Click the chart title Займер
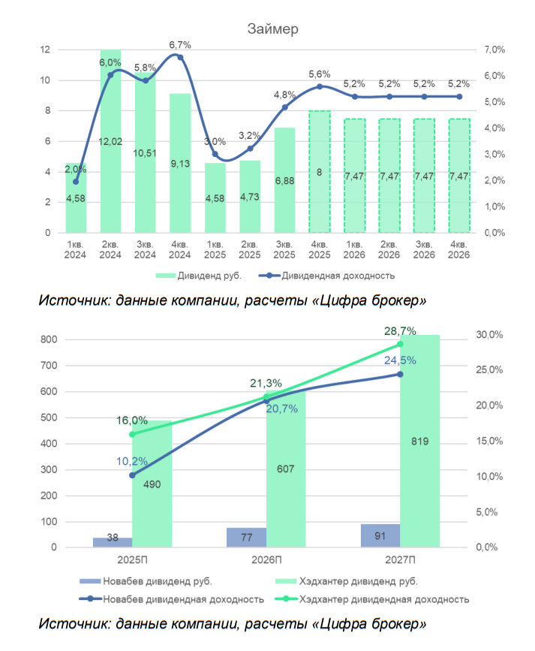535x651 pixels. click(x=274, y=29)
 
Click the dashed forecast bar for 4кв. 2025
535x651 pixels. click(x=320, y=173)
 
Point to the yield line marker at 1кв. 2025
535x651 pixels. click(x=215, y=155)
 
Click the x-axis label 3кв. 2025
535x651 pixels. click(x=284, y=250)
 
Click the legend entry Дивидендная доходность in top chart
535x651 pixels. click(x=330, y=276)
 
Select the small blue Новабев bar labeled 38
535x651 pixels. click(x=113, y=542)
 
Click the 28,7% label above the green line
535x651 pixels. click(x=400, y=330)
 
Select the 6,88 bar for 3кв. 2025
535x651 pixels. click(x=284, y=180)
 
